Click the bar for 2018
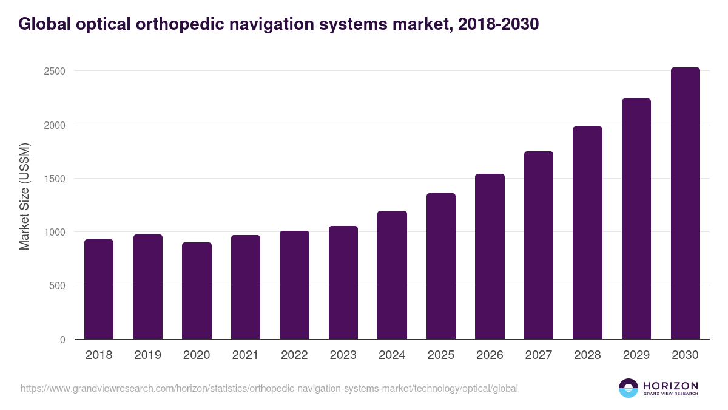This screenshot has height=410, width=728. click(99, 289)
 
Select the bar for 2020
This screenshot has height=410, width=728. click(197, 291)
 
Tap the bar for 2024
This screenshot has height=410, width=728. click(392, 275)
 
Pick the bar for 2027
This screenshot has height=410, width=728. click(539, 245)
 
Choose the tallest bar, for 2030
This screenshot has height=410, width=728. click(685, 203)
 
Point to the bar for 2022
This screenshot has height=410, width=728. click(294, 285)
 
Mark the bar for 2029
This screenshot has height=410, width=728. click(636, 219)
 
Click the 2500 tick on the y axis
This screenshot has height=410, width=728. click(54, 71)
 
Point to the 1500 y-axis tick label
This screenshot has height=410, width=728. click(54, 179)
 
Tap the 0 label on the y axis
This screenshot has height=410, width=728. click(62, 340)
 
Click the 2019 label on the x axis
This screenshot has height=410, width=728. click(147, 355)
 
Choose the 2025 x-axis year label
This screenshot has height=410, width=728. click(441, 355)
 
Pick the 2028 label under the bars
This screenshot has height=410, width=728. click(587, 355)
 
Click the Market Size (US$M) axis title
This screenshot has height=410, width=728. click(25, 197)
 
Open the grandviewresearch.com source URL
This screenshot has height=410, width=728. click(269, 388)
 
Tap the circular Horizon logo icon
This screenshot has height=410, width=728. click(629, 388)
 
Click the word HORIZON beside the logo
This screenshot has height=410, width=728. click(671, 386)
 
